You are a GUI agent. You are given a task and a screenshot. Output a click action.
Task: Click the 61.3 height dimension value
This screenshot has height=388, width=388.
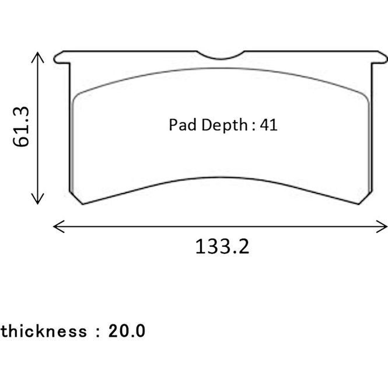pos(21,127)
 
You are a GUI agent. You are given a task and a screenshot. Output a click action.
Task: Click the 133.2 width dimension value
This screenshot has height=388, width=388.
pos(222,246)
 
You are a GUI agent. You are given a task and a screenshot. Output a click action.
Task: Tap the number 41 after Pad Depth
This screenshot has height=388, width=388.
pos(268,125)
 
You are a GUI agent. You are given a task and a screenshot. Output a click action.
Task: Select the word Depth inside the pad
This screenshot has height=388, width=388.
pos(224,125)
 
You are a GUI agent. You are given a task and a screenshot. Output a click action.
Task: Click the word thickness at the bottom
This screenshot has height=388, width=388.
pos(44,331)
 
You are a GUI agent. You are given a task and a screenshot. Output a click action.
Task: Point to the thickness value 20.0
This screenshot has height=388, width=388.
pos(127,331)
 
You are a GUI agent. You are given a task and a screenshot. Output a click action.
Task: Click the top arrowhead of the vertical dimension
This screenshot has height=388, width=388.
pos(37,57)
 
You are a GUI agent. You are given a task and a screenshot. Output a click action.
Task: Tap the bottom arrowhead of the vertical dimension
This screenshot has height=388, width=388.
pos(37,199)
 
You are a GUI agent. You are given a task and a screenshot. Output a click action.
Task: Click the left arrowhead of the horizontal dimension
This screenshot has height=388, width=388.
pos(58,226)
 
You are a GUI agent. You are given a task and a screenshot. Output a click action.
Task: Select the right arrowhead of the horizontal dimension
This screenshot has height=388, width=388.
pos(382,226)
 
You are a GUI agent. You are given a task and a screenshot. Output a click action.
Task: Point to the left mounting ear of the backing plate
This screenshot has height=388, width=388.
pos(62,57)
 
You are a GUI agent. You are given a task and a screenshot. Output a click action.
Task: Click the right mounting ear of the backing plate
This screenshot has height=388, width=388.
pos(379,57)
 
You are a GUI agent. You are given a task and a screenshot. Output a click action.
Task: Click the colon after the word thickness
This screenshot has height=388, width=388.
pos(98,331)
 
